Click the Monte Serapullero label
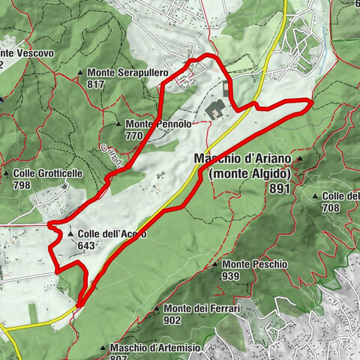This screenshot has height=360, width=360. point(128,73)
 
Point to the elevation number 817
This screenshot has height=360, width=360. point(95,85)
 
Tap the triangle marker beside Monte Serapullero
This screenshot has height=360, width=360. point(81,73)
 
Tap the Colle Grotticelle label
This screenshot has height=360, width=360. point(58,173)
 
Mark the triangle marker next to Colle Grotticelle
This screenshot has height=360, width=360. point(6,173)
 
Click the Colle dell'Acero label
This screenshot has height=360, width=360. point(112,234)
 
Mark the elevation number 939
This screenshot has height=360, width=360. point(229,277)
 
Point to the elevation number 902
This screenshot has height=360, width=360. point(172,320)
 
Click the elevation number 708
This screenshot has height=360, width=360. point(331,207)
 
